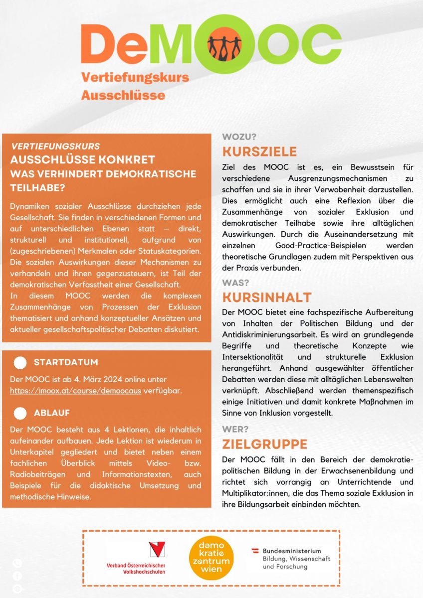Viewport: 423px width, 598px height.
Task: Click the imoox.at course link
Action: (x=75, y=391)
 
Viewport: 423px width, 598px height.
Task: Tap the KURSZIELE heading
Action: (x=259, y=151)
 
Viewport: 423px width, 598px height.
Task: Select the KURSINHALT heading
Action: (x=267, y=298)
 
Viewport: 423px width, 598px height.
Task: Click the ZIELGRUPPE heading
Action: (x=264, y=444)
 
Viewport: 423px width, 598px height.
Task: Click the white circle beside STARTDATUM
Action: (x=20, y=362)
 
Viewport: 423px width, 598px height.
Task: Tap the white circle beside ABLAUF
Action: (x=20, y=413)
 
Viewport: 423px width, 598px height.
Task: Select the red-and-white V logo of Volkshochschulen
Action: (x=157, y=550)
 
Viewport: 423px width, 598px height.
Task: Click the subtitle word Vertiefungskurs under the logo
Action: (x=135, y=77)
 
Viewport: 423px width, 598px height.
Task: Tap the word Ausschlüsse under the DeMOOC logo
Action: (x=123, y=95)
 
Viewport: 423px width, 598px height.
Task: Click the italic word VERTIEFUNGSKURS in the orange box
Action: (x=55, y=147)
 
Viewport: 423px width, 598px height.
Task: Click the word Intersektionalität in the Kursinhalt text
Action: (x=255, y=357)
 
